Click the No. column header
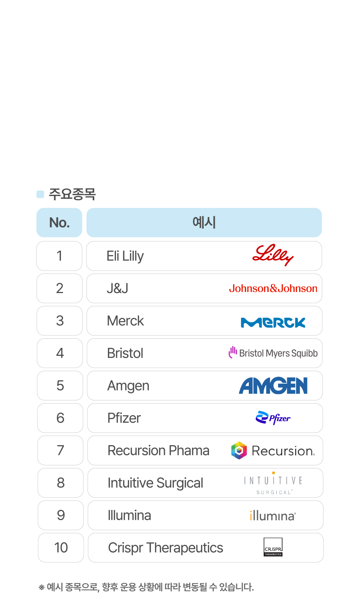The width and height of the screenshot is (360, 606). click(59, 222)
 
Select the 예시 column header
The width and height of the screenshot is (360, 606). click(204, 222)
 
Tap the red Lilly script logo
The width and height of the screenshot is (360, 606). click(273, 255)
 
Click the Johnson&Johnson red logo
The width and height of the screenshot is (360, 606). click(273, 288)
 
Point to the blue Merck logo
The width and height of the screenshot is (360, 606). click(273, 322)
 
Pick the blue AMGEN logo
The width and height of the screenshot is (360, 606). click(273, 386)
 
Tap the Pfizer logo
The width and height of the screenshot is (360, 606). click(273, 418)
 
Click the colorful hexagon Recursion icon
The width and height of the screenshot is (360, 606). click(239, 450)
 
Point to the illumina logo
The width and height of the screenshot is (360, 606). click(273, 515)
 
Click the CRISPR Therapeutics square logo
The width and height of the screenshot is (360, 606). click(273, 547)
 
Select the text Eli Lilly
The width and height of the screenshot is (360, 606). click(125, 256)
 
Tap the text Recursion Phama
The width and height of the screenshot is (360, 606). click(159, 451)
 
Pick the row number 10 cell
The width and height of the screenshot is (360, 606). click(61, 548)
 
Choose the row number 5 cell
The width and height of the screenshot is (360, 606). click(60, 386)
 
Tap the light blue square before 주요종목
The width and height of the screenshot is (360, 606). click(40, 195)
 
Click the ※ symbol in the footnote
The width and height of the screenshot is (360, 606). click(41, 587)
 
